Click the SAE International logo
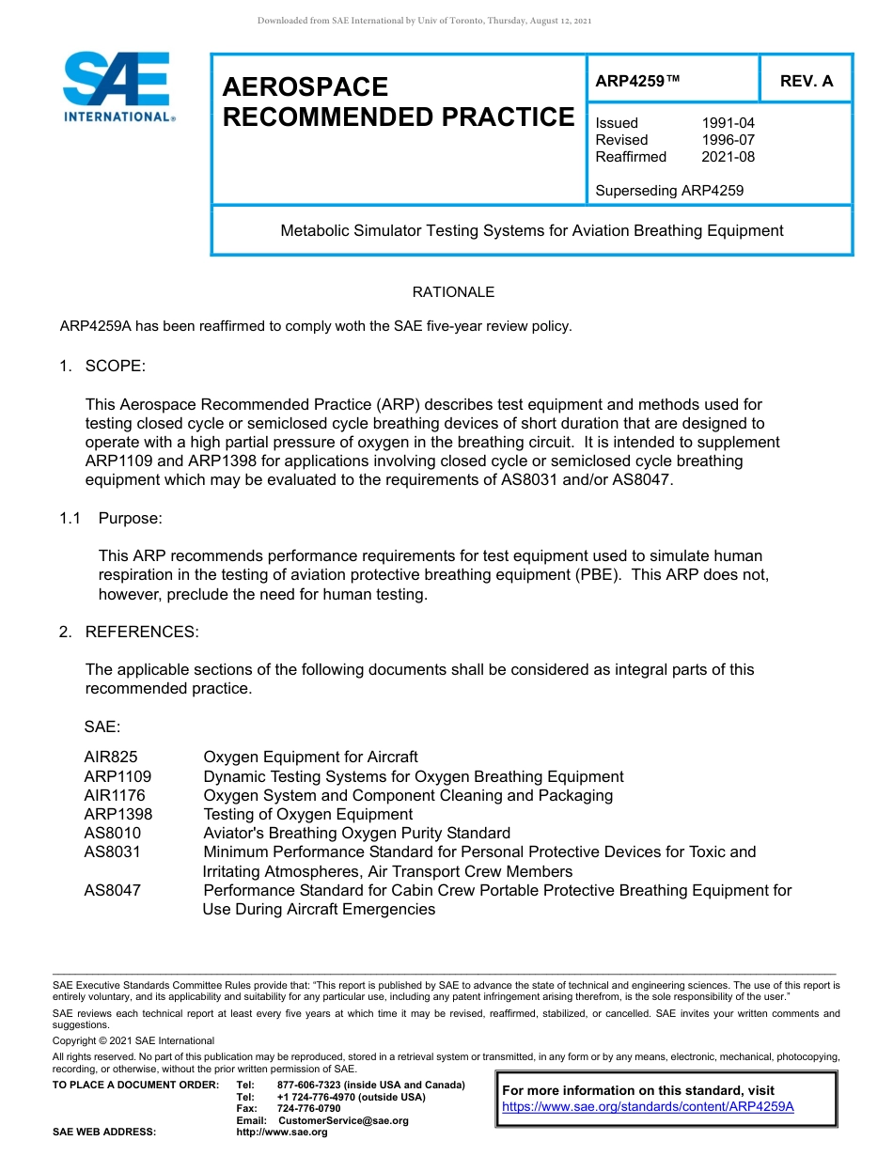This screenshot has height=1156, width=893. pyautogui.click(x=117, y=87)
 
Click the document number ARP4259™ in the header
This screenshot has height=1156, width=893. pyautogui.click(x=636, y=82)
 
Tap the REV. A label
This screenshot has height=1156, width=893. pyautogui.click(x=806, y=82)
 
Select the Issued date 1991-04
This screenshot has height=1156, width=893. pyautogui.click(x=728, y=123)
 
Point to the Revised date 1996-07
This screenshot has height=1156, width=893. pyautogui.click(x=728, y=140)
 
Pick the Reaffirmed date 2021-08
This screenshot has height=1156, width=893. pyautogui.click(x=728, y=157)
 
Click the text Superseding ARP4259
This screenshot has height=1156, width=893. pyautogui.click(x=668, y=191)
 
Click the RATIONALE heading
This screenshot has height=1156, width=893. pyautogui.click(x=453, y=292)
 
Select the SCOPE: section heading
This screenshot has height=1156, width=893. pyautogui.click(x=115, y=366)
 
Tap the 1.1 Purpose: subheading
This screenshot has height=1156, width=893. pyautogui.click(x=131, y=518)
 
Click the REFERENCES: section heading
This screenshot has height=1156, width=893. pyautogui.click(x=141, y=632)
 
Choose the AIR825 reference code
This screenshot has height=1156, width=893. pyautogui.click(x=111, y=758)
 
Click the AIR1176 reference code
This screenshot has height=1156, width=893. pyautogui.click(x=115, y=796)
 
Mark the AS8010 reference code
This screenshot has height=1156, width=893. pyautogui.click(x=112, y=834)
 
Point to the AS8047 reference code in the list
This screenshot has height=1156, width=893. pyautogui.click(x=112, y=890)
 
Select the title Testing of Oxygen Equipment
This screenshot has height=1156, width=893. pyautogui.click(x=307, y=815)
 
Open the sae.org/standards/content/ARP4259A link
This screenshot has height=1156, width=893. pyautogui.click(x=648, y=1106)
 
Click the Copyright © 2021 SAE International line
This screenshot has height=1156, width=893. pyautogui.click(x=133, y=1040)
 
